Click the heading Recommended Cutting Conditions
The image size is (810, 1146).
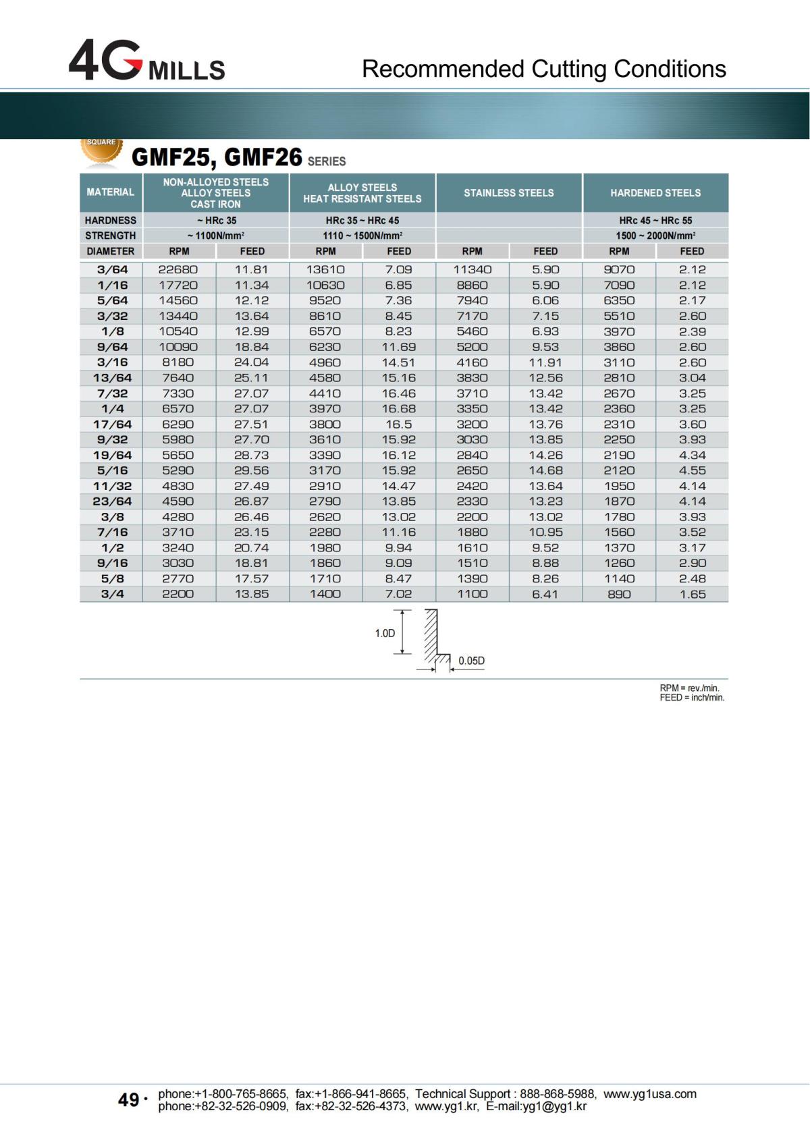coord(543,69)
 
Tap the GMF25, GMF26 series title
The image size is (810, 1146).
coord(238,158)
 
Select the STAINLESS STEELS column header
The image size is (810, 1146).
coord(508,193)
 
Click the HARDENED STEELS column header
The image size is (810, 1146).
coord(655,193)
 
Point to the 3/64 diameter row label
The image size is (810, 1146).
coord(112,269)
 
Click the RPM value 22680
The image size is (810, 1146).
coord(178,269)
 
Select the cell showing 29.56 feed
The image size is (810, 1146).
coord(251,470)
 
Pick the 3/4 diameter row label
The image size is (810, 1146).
coord(112,594)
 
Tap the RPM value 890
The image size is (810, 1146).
coord(619,594)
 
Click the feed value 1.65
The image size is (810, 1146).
coord(693,594)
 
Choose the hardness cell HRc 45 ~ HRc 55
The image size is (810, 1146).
coord(655,221)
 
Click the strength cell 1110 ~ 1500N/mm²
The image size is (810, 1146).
coord(362,236)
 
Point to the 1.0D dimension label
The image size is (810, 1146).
coord(385,633)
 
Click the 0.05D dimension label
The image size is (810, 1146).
coord(471,661)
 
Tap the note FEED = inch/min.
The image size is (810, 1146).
coord(692,698)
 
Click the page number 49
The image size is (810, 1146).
coord(128,1100)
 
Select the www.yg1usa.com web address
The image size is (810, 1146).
coord(649,1093)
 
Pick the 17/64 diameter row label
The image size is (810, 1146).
coord(112,424)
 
